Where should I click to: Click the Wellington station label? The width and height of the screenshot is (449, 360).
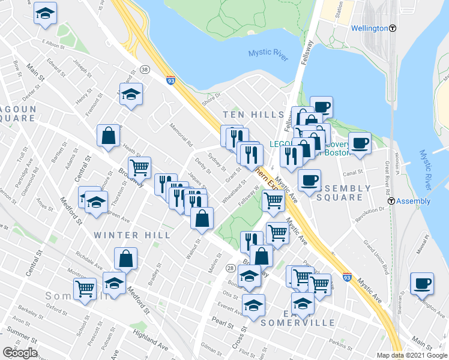pyautogui.click(x=368, y=28)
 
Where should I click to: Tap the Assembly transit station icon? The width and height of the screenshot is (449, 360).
pyautogui.click(x=392, y=202)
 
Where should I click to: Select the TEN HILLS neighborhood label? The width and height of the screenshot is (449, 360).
pyautogui.click(x=253, y=115)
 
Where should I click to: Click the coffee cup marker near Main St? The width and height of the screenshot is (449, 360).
pyautogui.click(x=422, y=283)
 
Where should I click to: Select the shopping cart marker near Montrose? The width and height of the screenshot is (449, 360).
pyautogui.click(x=85, y=289)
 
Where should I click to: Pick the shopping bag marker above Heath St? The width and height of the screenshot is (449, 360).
pyautogui.click(x=109, y=135)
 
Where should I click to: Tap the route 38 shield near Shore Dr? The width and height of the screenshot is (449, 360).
pyautogui.click(x=145, y=70)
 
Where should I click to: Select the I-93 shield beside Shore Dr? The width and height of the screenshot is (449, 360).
pyautogui.click(x=172, y=80)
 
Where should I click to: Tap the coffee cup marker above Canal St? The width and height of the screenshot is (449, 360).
pyautogui.click(x=360, y=143)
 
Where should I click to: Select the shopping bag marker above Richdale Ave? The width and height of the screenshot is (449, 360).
pyautogui.click(x=126, y=259)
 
